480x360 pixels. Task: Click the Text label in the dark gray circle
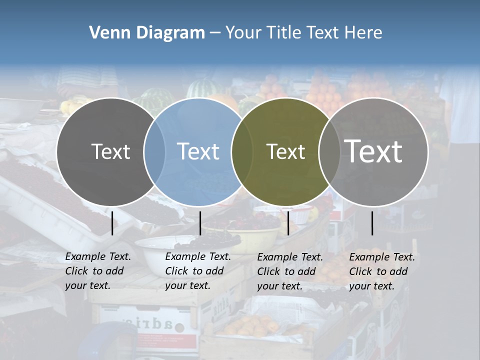pyautogui.click(x=110, y=151)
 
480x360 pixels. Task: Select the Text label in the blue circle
pyautogui.click(x=198, y=151)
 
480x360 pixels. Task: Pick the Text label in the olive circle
pyautogui.click(x=285, y=151)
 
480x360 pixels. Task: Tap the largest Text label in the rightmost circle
pyautogui.click(x=373, y=151)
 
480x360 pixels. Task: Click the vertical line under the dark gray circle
pyautogui.click(x=112, y=223)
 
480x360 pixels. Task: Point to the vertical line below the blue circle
pyautogui.click(x=200, y=223)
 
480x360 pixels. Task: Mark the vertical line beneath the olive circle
pyautogui.click(x=288, y=223)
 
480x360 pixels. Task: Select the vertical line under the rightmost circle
pyautogui.click(x=372, y=223)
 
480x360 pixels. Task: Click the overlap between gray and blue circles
pyautogui.click(x=154, y=152)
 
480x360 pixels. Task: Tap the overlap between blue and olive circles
pyautogui.click(x=242, y=152)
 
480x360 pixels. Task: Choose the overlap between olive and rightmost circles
pyautogui.click(x=329, y=152)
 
